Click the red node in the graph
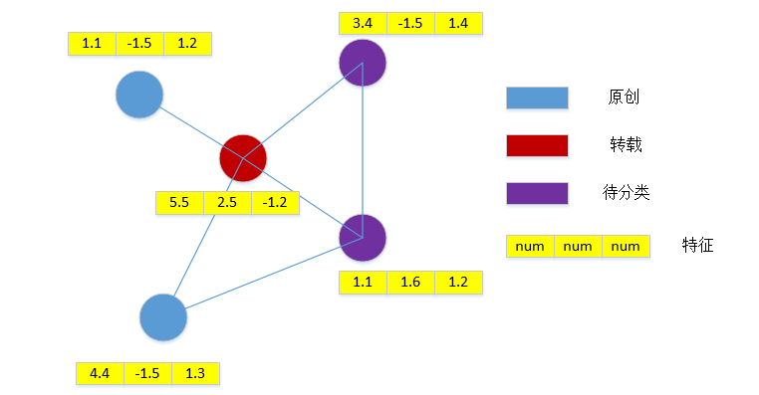243,157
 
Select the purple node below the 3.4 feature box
363,64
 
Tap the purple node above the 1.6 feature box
363,237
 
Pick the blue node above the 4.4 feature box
163,318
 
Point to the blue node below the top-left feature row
139,96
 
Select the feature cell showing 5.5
179,202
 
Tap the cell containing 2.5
227,202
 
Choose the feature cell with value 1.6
410,283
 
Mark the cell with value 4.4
100,373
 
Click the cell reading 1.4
458,23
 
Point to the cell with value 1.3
195,373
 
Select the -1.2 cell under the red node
275,202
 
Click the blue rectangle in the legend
537,98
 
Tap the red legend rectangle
537,145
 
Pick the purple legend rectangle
537,193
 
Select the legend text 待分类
627,193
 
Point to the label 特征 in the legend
697,245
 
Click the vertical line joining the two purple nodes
363,149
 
